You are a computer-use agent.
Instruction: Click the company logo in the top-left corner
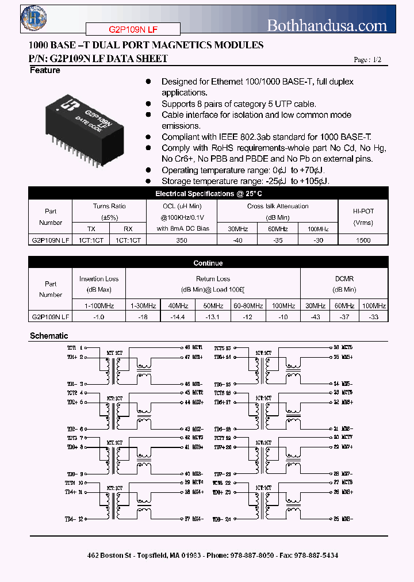click(x=33, y=17)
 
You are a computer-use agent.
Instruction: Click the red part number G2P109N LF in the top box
click(x=133, y=29)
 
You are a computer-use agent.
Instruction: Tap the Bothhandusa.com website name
click(x=327, y=25)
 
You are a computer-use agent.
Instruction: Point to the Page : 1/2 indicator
click(x=367, y=59)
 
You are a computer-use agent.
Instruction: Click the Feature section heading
click(x=45, y=70)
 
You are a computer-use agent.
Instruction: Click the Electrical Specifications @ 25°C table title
click(x=208, y=194)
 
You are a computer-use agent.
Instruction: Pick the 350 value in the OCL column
click(x=182, y=240)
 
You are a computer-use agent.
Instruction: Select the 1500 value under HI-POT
click(x=363, y=240)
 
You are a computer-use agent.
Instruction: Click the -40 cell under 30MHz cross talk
click(x=237, y=240)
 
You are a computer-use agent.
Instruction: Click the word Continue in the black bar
click(x=208, y=263)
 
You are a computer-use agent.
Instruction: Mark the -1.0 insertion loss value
click(x=99, y=316)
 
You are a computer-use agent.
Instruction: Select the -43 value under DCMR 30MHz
click(x=315, y=316)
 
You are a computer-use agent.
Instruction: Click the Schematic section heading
click(x=48, y=336)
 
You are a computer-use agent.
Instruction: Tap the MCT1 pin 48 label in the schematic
click(x=193, y=348)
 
